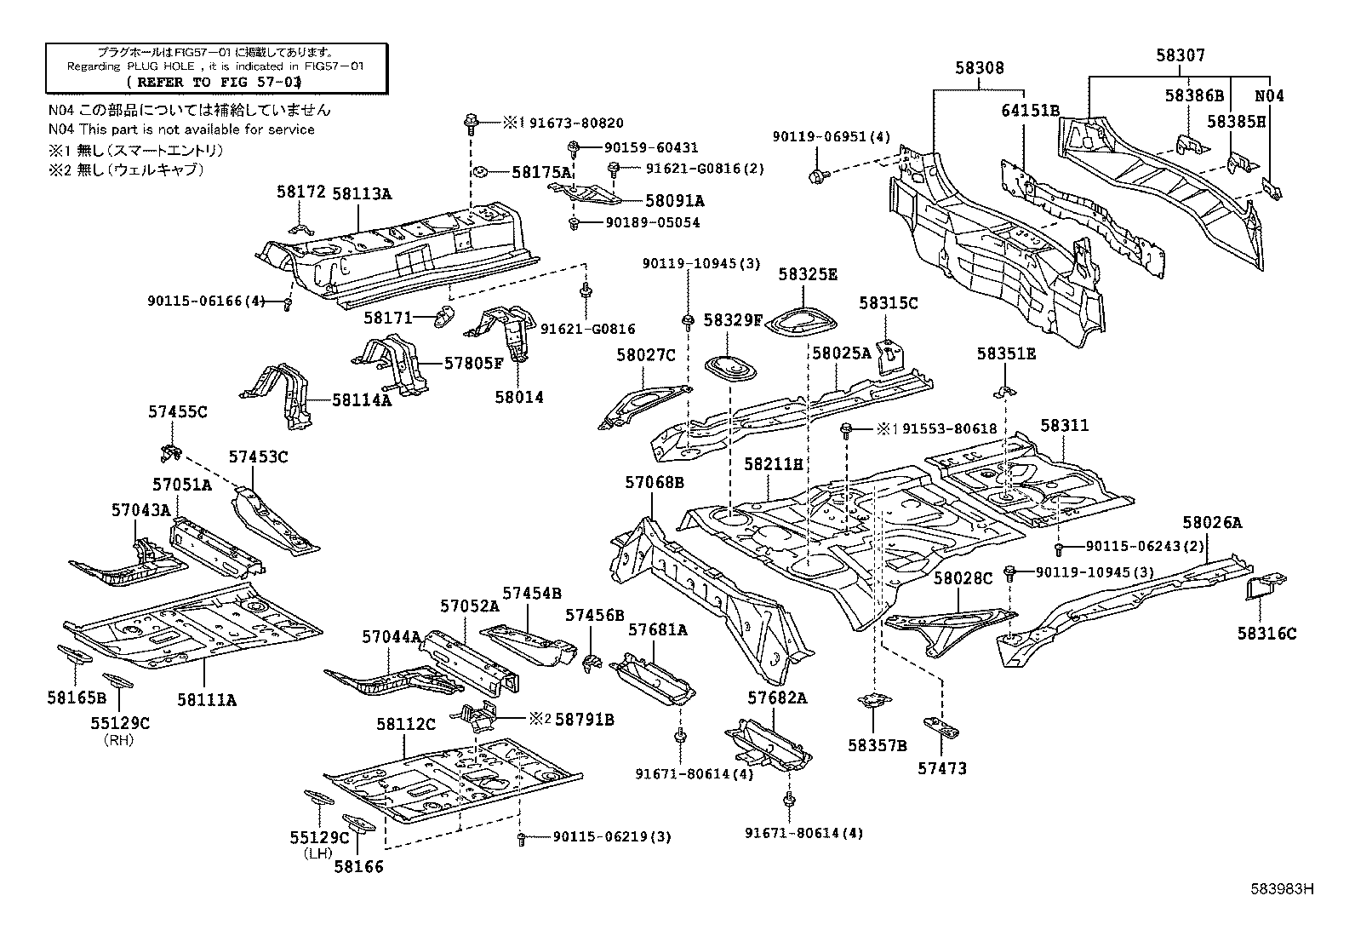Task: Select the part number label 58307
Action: click(x=1180, y=55)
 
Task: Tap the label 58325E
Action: click(x=808, y=274)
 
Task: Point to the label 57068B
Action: click(x=655, y=483)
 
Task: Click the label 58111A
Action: click(x=206, y=699)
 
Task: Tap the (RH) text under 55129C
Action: click(x=119, y=739)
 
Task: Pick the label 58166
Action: click(x=358, y=867)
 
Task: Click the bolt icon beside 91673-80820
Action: click(x=470, y=123)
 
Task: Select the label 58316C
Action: click(x=1266, y=634)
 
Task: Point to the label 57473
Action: click(x=941, y=768)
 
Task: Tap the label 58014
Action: click(x=518, y=397)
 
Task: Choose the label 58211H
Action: click(x=773, y=464)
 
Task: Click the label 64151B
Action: click(x=1030, y=111)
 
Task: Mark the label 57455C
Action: click(x=177, y=411)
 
